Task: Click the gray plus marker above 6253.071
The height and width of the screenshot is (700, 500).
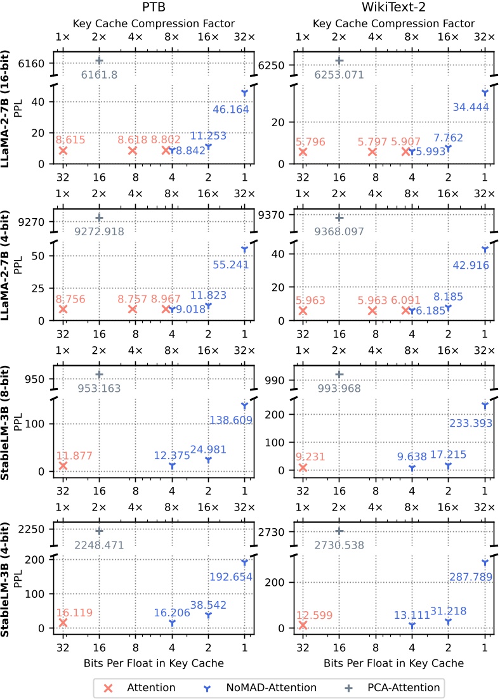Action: point(339,61)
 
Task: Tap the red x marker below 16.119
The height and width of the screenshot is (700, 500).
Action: point(63,623)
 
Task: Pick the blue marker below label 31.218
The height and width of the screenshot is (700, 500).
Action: point(448,622)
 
